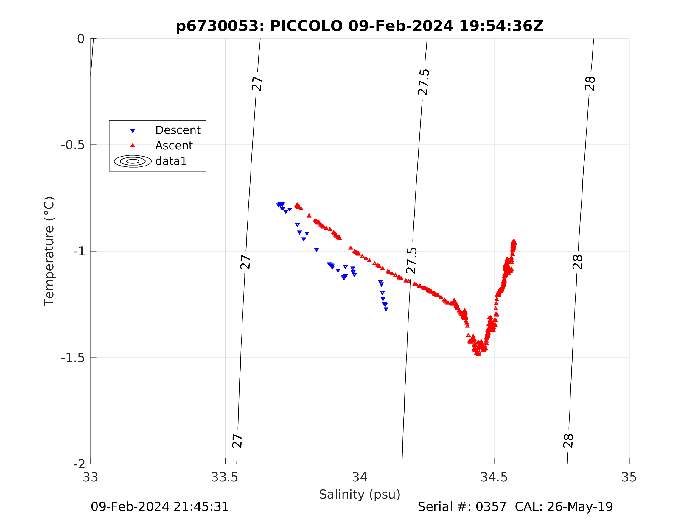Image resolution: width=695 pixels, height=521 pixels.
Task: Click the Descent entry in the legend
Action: [x=178, y=130]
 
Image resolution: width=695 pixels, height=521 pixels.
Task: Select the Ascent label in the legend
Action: [x=174, y=145]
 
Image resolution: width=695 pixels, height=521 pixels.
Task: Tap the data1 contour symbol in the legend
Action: [x=133, y=161]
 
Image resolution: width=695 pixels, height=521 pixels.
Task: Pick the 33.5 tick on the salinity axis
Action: [x=225, y=477]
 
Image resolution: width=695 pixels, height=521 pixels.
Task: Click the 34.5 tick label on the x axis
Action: [x=494, y=477]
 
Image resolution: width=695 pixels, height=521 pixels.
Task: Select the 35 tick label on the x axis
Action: [x=629, y=477]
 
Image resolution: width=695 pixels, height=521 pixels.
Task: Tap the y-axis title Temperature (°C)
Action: [x=49, y=251]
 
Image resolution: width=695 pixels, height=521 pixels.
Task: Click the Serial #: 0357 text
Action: [x=462, y=507]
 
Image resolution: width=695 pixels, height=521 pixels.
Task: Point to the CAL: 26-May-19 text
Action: [x=564, y=507]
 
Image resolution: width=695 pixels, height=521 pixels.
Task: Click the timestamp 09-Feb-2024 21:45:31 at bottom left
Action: [x=160, y=507]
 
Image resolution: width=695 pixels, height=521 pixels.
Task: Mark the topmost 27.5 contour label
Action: [x=423, y=82]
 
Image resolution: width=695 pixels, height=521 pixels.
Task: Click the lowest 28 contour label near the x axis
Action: [x=568, y=441]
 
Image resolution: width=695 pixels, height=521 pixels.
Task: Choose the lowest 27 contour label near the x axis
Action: [x=237, y=441]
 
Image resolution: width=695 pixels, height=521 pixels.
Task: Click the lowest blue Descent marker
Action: [x=386, y=309]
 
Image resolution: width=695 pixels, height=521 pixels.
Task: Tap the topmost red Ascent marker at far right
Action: [x=514, y=241]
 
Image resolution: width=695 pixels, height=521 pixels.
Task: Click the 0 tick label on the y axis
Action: [x=81, y=39]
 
